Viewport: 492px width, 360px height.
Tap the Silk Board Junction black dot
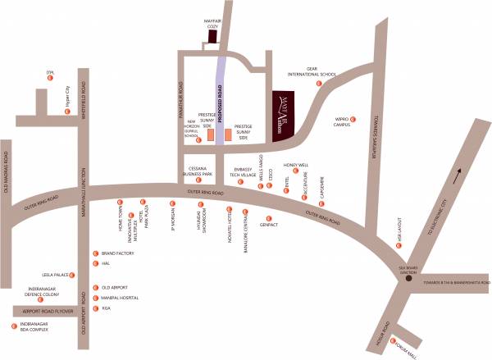[x=409, y=280]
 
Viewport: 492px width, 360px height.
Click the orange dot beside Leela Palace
[x=73, y=275]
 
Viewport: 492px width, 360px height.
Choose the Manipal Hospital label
[x=117, y=298]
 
